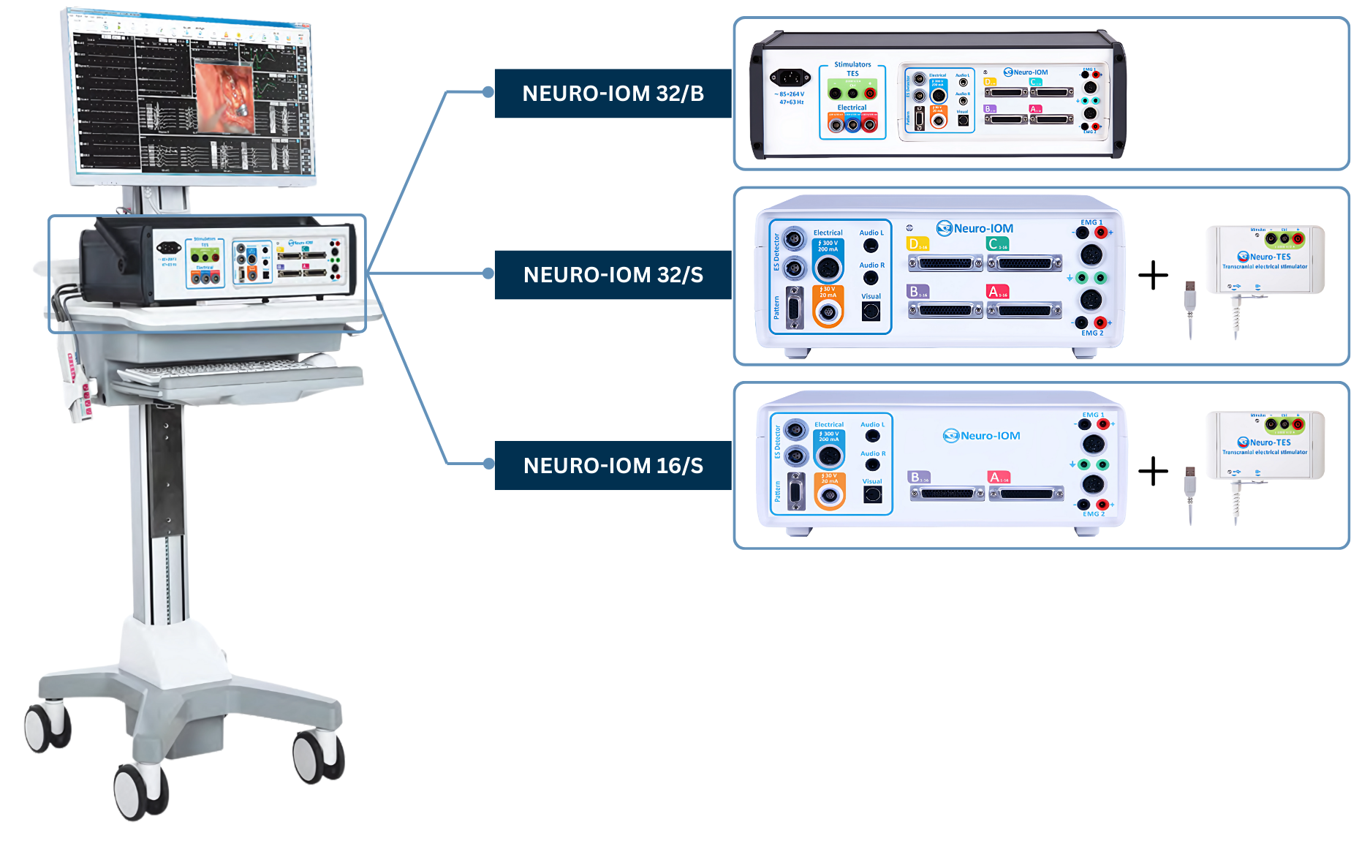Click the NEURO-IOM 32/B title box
(613, 94)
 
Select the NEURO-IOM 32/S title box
(613, 275)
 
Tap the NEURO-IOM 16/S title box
(613, 465)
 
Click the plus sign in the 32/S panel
(1153, 276)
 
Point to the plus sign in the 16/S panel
(1153, 471)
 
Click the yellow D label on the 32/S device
(917, 244)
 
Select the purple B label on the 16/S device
(918, 478)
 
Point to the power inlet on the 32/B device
(790, 77)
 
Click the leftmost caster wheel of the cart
(47, 728)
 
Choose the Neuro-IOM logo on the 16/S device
(982, 436)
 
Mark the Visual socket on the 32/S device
(871, 312)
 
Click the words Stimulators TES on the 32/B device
(852, 69)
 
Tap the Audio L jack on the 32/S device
(871, 246)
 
